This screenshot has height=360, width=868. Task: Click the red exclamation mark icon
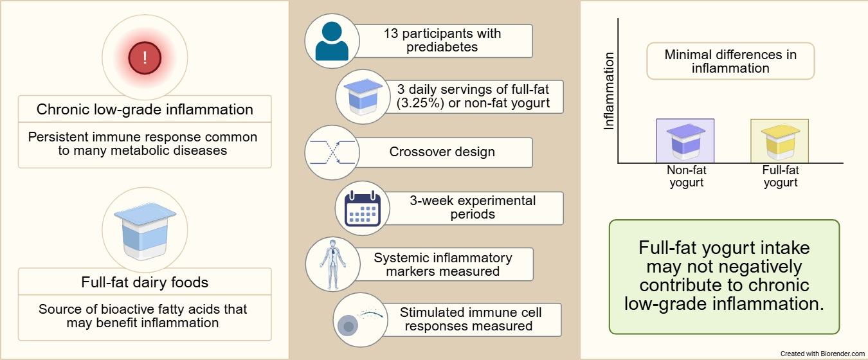[x=145, y=59]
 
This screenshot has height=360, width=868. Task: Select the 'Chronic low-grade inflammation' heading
[x=145, y=109]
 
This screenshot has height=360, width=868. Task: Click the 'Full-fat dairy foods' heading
[x=145, y=282]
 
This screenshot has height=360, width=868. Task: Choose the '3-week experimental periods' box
[x=473, y=208]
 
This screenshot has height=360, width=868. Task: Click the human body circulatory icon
[x=332, y=264]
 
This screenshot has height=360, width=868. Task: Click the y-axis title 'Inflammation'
[x=610, y=92]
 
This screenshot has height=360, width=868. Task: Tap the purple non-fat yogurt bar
[x=685, y=141]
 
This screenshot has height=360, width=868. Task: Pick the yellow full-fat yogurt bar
[x=779, y=141]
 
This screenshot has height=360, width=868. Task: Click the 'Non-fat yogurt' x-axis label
[x=685, y=176]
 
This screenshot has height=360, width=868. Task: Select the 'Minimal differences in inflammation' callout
[x=730, y=61]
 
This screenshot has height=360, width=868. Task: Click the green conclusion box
[x=724, y=277]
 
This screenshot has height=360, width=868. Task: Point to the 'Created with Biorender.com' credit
[x=822, y=354]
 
